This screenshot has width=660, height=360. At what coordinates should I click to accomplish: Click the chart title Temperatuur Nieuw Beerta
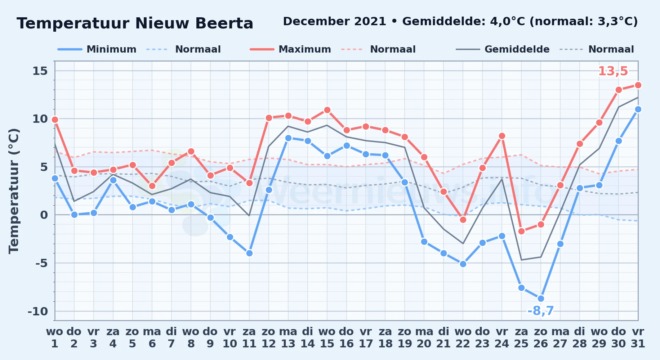coord(135,23)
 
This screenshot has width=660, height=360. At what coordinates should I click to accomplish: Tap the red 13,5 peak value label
coord(613,71)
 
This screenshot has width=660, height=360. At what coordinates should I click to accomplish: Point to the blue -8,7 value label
coord(540,311)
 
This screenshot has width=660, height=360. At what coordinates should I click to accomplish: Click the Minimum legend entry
coord(97,49)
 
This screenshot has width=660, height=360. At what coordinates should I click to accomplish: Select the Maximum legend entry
coord(290,49)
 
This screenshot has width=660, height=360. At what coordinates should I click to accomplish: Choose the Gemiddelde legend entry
coord(503,49)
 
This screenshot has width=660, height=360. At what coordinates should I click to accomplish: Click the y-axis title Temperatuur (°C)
coord(14,191)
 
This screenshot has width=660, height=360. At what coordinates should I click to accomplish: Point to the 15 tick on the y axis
coord(40,71)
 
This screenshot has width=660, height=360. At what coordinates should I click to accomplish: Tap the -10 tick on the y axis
coord(38,311)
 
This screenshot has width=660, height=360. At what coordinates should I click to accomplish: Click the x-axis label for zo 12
coord(268,338)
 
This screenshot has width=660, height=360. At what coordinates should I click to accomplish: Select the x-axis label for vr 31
coord(638,338)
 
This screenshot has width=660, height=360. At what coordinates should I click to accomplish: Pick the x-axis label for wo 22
coord(463,338)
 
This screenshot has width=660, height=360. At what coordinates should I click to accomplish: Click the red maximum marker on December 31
coord(638,85)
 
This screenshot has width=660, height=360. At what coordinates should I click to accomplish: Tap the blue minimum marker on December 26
coord(541,298)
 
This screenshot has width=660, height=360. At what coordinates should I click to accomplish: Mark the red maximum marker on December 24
coord(502,136)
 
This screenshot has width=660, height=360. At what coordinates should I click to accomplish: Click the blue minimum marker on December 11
coord(249,253)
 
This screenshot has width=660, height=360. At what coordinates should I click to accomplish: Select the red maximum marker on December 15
coord(327,110)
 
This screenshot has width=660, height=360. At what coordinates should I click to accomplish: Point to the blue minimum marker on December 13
coord(288,138)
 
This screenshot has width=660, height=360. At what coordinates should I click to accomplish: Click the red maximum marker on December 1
coord(55,120)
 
